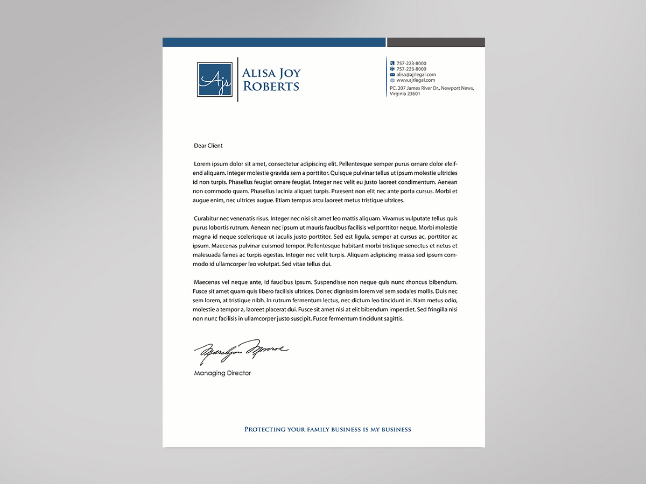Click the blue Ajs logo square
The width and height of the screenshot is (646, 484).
[x=214, y=80]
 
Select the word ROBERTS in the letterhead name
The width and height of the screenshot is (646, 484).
[x=271, y=86]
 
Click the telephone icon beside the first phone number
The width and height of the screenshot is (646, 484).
[x=392, y=63]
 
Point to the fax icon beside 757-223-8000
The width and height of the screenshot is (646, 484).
[x=392, y=69]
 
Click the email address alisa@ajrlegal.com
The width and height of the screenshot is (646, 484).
[x=416, y=75]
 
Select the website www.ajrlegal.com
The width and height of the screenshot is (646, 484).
[x=416, y=80]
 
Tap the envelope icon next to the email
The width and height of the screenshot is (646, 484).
[x=392, y=75]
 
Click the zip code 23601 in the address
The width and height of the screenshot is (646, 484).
[x=413, y=94]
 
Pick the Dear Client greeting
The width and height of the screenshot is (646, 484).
[x=208, y=146]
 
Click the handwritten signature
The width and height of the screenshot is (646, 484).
[x=241, y=351]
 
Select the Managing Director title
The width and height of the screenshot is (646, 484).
[x=222, y=373]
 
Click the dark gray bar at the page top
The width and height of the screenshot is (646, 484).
[x=436, y=42]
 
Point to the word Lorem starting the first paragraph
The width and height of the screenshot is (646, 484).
[x=203, y=164]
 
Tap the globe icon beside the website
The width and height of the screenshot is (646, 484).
[x=392, y=80]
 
